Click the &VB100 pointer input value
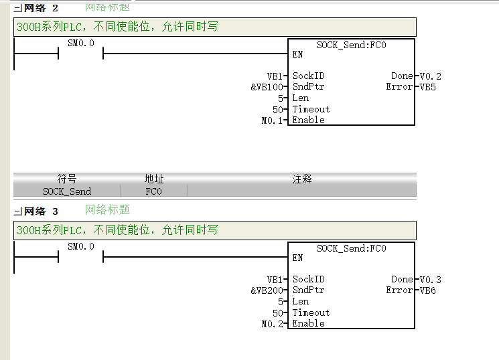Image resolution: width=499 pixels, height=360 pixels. (x=267, y=87)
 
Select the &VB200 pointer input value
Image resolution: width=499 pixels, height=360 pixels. (x=267, y=290)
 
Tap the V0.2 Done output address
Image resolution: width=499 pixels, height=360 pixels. (x=430, y=76)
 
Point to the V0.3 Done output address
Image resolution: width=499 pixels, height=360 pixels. (x=430, y=280)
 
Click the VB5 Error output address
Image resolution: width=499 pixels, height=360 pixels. (x=428, y=87)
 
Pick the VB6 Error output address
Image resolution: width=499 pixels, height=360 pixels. (x=428, y=290)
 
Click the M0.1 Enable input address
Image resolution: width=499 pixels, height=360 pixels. (x=272, y=120)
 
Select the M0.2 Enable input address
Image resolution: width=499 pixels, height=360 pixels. (x=272, y=324)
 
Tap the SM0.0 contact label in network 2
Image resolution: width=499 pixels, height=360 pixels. (x=81, y=43)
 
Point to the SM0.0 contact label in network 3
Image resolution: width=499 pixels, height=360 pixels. (x=81, y=247)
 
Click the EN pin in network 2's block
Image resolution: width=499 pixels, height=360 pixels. (x=297, y=54)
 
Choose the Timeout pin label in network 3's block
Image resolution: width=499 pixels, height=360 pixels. (x=311, y=312)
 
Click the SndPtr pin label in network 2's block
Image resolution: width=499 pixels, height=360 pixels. (x=308, y=86)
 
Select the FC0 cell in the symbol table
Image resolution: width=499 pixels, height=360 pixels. (x=153, y=191)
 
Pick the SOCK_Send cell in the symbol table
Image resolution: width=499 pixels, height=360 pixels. (x=67, y=191)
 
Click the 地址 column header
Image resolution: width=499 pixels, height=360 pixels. (x=154, y=179)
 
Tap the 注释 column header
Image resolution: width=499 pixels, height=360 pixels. (x=302, y=179)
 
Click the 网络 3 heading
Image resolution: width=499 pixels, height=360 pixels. (x=41, y=211)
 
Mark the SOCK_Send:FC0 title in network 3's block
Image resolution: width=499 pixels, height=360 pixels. (x=352, y=248)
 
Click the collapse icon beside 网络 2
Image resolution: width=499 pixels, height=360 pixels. (x=18, y=8)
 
